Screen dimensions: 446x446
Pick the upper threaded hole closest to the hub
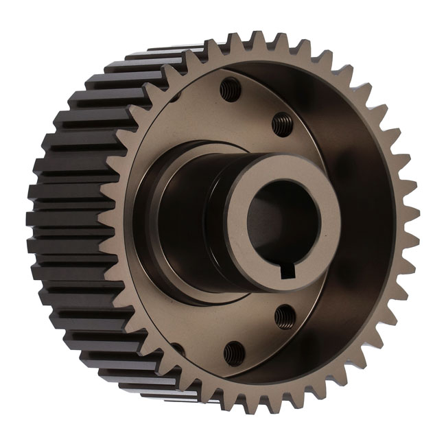pyautogui.click(x=281, y=124)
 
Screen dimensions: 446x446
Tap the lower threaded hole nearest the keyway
pyautogui.click(x=284, y=316)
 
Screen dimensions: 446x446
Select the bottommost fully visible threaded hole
pyautogui.click(x=233, y=352)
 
